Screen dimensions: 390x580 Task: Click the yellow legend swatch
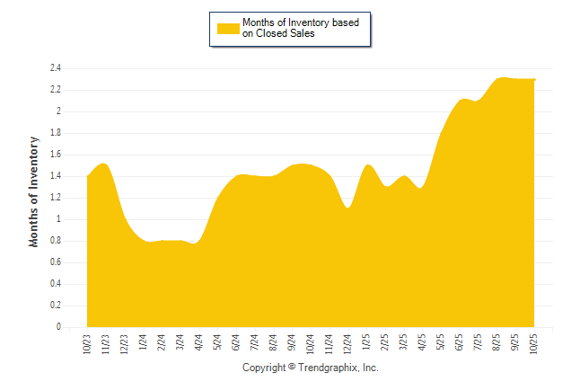(228, 29)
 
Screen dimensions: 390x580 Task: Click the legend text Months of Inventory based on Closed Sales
(301, 29)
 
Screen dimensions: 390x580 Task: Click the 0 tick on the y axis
(57, 327)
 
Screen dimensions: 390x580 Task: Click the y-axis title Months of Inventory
(34, 191)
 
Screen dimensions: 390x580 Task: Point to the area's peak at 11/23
(105, 164)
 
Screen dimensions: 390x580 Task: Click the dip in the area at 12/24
(348, 208)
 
